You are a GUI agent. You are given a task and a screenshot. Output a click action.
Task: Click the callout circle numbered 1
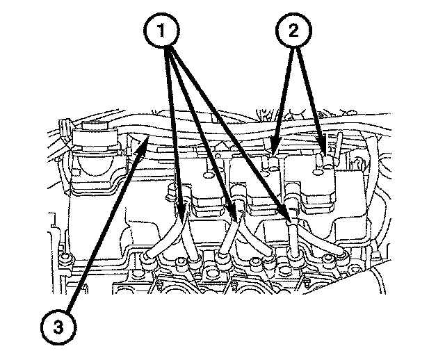[161, 31]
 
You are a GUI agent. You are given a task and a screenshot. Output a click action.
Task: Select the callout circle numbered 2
[293, 30]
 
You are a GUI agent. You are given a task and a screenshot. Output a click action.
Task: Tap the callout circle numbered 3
[58, 328]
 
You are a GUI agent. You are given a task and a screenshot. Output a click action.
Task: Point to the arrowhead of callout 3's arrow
[143, 142]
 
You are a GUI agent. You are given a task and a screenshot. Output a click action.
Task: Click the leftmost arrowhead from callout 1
[181, 209]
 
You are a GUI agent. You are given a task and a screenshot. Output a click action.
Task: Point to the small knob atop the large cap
[95, 125]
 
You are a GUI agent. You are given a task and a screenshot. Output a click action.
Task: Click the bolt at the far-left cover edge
[65, 256]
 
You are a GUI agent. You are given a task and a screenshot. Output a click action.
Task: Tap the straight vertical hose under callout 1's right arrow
[293, 239]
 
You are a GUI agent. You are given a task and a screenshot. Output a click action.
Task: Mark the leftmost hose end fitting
[147, 259]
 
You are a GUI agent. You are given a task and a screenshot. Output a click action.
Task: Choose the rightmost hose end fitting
[343, 256]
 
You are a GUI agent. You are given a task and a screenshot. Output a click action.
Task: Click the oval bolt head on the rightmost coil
[318, 172]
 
